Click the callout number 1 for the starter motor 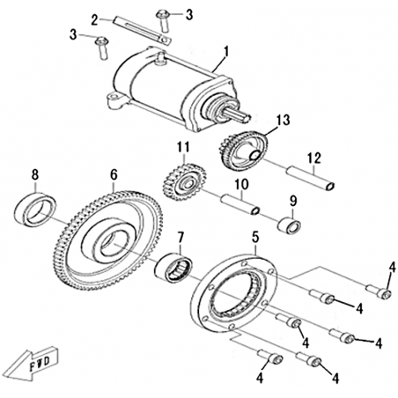(x=225, y=52)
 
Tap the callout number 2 (x=94, y=19)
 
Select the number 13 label (x=283, y=120)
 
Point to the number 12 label (x=313, y=158)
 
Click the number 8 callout (x=35, y=175)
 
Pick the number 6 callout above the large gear (x=114, y=175)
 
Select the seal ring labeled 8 (x=35, y=210)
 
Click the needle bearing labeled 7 (x=173, y=268)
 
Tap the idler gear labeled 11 (x=184, y=182)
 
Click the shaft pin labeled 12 (x=311, y=178)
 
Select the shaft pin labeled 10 (x=240, y=203)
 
